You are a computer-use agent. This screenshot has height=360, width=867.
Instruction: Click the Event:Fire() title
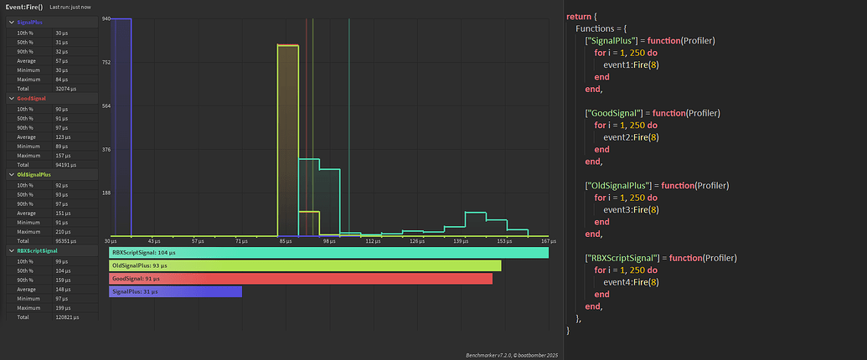point(23,7)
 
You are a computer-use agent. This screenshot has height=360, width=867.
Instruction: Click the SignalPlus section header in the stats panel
point(30,22)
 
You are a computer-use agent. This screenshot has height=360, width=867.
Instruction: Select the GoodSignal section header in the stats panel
point(32,98)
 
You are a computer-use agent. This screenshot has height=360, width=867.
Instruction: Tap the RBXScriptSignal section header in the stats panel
point(37,250)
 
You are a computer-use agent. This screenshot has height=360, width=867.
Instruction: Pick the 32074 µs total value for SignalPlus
point(66,88)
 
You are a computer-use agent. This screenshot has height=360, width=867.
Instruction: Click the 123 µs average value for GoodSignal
point(62,136)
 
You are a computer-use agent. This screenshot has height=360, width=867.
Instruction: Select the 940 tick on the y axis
point(106,18)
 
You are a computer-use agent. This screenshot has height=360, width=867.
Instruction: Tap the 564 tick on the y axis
point(106,105)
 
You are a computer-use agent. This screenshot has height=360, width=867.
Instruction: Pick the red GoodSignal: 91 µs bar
point(300,278)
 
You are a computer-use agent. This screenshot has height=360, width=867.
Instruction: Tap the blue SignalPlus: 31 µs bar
point(175,291)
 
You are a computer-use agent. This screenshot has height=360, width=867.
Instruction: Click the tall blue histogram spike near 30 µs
point(121,126)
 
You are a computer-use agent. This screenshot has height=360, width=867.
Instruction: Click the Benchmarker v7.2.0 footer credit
point(511,355)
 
